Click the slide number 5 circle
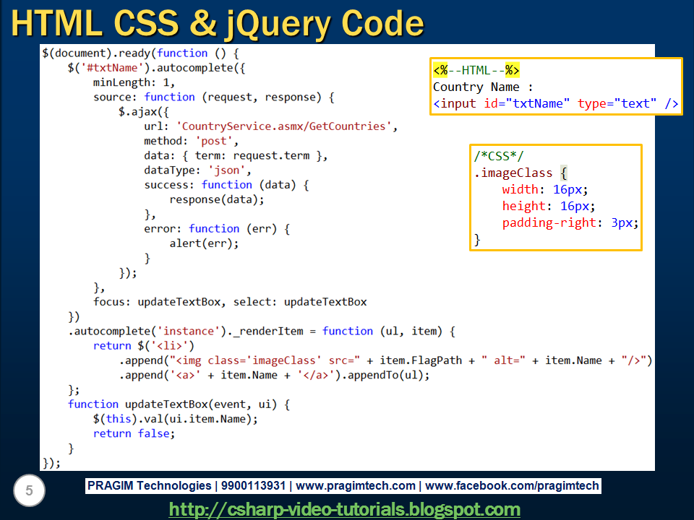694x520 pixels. (x=29, y=492)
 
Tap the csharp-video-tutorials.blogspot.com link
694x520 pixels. (x=344, y=509)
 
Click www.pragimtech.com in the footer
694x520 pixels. (x=356, y=486)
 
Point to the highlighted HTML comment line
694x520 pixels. (x=476, y=70)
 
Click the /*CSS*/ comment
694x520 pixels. (x=499, y=157)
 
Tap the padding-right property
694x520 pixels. (x=549, y=222)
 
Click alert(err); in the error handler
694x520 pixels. (x=204, y=243)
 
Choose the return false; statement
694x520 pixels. (x=134, y=433)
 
